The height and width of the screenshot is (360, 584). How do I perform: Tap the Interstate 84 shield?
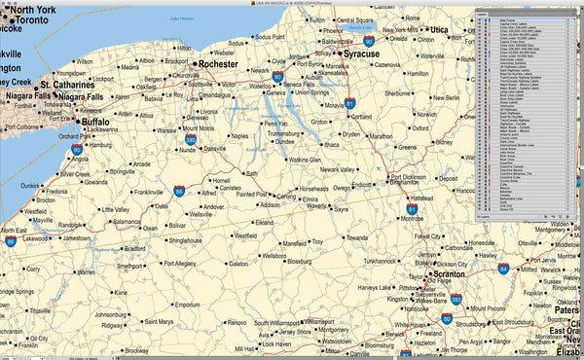coord(503,268)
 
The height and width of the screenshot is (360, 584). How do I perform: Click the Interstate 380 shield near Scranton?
coord(456,303)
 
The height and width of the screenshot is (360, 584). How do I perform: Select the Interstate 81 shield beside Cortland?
coord(349,102)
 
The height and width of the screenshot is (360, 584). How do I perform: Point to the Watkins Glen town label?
coord(304,159)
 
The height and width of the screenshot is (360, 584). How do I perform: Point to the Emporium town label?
coord(187,305)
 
